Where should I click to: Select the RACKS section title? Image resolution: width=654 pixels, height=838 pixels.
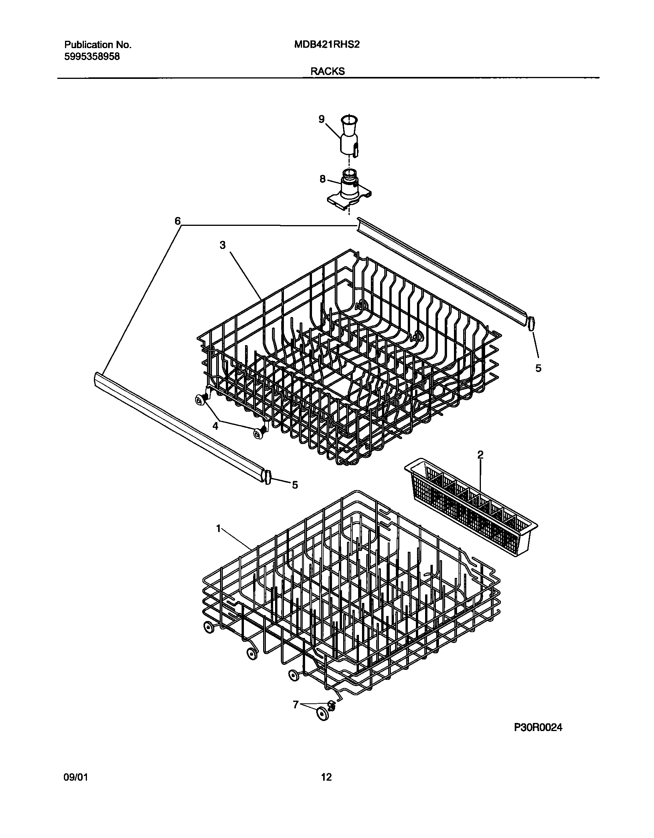click(328, 71)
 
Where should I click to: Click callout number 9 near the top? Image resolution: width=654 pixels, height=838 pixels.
click(322, 119)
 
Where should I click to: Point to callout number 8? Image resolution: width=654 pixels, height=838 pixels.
click(322, 179)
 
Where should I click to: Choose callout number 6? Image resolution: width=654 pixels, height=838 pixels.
click(177, 221)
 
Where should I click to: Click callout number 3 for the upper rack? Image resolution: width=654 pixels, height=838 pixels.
click(222, 245)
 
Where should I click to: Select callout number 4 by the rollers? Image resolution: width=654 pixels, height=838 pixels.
click(215, 426)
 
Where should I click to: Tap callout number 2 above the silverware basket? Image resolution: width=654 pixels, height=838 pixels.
click(480, 455)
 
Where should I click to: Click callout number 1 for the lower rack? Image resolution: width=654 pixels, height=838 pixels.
click(219, 529)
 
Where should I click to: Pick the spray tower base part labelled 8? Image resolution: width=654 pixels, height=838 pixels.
click(349, 190)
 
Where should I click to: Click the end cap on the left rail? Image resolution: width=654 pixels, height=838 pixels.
click(268, 477)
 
